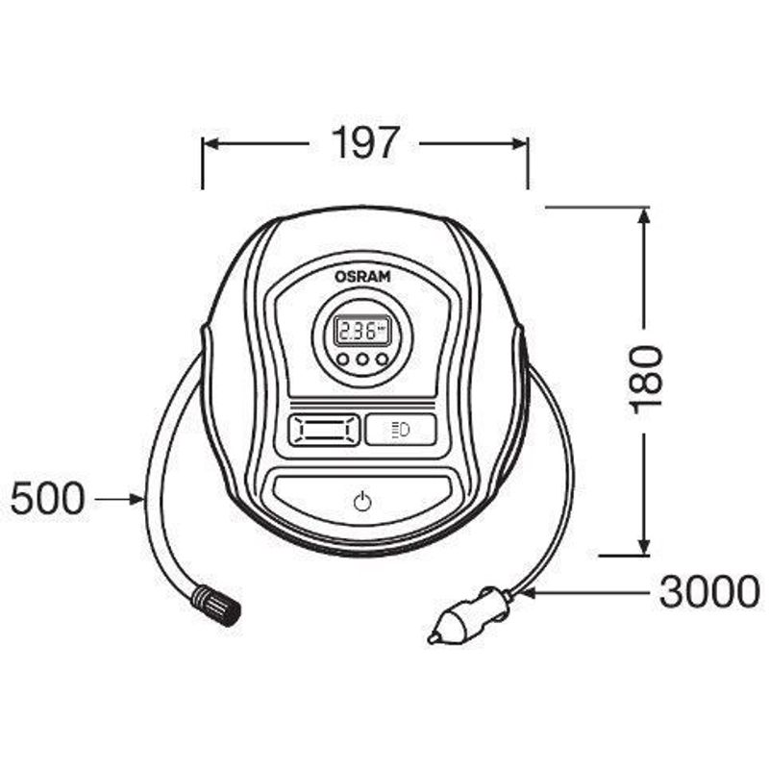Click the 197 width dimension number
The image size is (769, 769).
[363, 142]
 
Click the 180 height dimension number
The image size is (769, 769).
[645, 380]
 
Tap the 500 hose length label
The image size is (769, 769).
[47, 498]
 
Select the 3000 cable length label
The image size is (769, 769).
[709, 592]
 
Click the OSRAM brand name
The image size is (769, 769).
[362, 277]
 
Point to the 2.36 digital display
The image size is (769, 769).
[362, 331]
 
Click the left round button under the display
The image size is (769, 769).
[343, 360]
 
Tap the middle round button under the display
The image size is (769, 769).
[362, 360]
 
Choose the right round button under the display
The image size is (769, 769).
[382, 360]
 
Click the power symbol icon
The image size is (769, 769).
[362, 501]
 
